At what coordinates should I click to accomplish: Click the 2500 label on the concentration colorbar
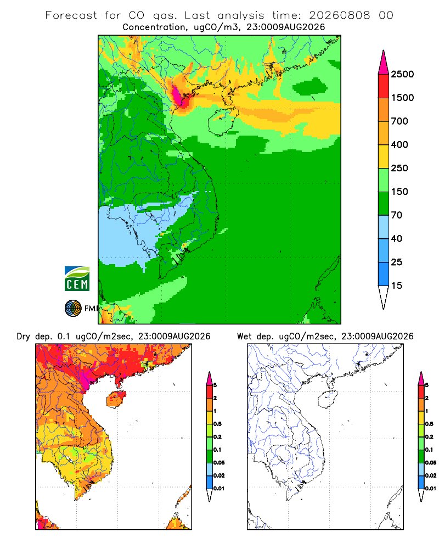[x=402, y=74]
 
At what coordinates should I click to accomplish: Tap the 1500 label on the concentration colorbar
[x=402, y=98]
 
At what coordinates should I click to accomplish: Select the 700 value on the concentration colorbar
[x=399, y=121]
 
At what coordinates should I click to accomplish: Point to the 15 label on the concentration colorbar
[x=397, y=285]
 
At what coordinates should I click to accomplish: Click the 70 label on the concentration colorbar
[x=397, y=215]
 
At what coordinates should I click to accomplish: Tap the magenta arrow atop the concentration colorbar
[x=384, y=63]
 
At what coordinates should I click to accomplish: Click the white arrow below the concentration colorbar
[x=384, y=298]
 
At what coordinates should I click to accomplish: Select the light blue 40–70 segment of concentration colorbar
[x=384, y=227]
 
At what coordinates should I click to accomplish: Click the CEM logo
[x=77, y=279]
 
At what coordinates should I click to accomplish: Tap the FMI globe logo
[x=73, y=309]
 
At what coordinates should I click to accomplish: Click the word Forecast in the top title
[x=71, y=15]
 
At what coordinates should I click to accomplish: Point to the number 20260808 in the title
[x=339, y=15]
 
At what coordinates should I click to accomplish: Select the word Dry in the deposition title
[x=24, y=337]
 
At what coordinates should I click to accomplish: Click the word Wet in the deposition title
[x=244, y=337]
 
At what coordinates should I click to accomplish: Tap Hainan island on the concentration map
[x=223, y=121]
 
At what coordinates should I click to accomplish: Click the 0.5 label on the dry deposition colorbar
[x=217, y=424]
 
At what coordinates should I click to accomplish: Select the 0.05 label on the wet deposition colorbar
[x=431, y=463]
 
